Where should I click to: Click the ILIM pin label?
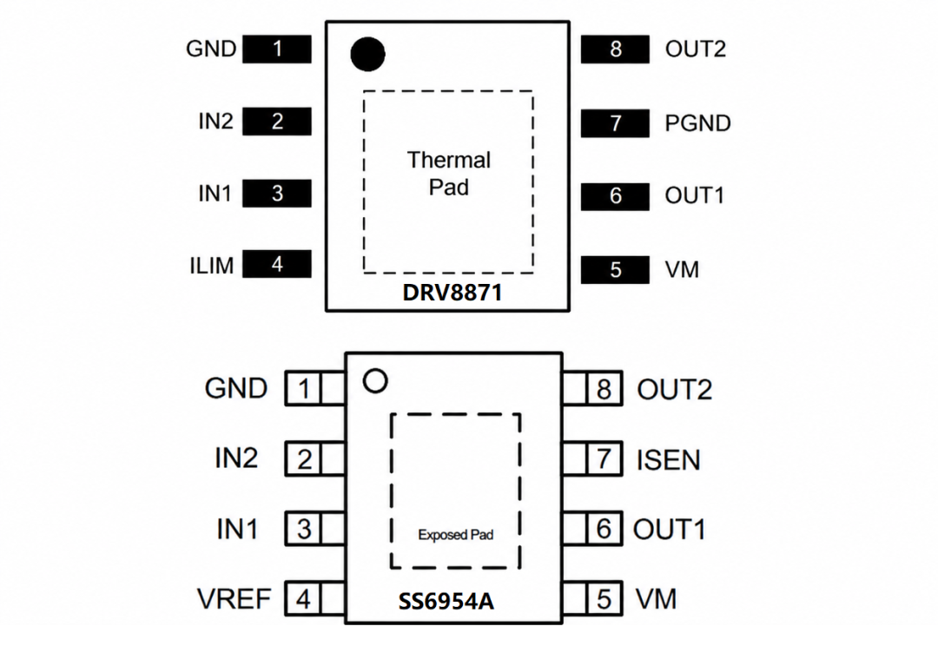pyautogui.click(x=212, y=266)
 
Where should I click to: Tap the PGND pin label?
pyautogui.click(x=697, y=123)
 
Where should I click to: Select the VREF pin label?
pyautogui.click(x=234, y=599)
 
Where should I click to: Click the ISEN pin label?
pyautogui.click(x=668, y=460)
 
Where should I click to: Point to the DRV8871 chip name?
pyautogui.click(x=452, y=293)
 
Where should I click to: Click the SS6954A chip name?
pyautogui.click(x=446, y=601)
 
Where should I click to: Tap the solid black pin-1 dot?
pyautogui.click(x=367, y=54)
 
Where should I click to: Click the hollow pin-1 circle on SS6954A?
pyautogui.click(x=375, y=381)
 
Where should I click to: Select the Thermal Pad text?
pyautogui.click(x=449, y=174)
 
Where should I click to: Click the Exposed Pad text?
pyautogui.click(x=456, y=535)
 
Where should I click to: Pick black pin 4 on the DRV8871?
pyautogui.click(x=277, y=264)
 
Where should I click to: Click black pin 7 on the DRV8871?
pyautogui.click(x=615, y=123)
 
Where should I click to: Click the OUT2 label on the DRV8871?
pyautogui.click(x=695, y=49)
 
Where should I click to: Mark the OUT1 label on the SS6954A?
pyautogui.click(x=670, y=530)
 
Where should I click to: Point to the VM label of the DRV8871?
pyautogui.click(x=682, y=270)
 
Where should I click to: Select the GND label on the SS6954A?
pyautogui.click(x=235, y=388)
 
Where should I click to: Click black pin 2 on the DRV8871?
pyautogui.click(x=277, y=122)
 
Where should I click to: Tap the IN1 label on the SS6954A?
pyautogui.click(x=237, y=530)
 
